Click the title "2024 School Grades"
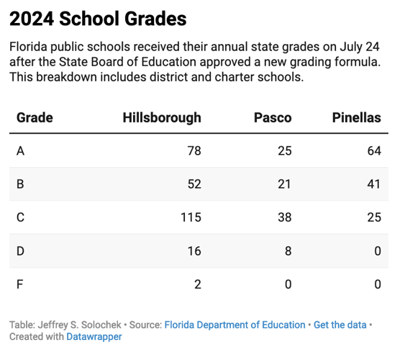coord(98,19)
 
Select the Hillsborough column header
coord(162,117)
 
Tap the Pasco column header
coord(273,117)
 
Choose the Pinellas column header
coord(356,117)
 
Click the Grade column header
coord(35,117)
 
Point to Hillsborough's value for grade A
coord(193,150)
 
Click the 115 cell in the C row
coord(190,217)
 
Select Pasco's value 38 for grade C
coord(284,217)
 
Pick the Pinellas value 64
coord(373,150)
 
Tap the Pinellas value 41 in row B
coord(373,184)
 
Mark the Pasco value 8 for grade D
coord(288,250)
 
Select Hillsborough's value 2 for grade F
coord(197,283)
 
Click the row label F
coord(19,283)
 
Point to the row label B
coord(20,184)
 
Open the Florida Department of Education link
coord(235,325)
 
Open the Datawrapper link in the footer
coord(94,336)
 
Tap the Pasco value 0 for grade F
coord(288,283)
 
